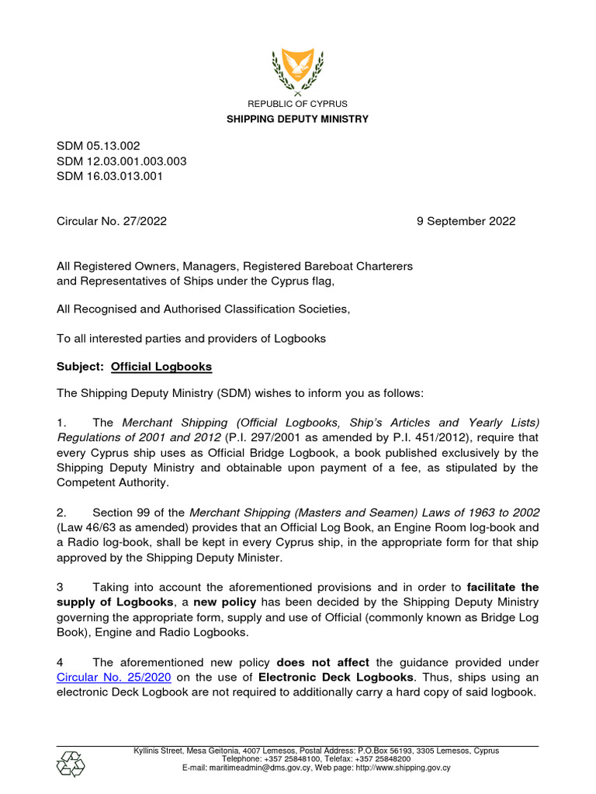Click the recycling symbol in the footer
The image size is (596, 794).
point(71,764)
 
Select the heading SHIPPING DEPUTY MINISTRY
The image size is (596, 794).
point(297,119)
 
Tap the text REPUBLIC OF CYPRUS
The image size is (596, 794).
point(297,104)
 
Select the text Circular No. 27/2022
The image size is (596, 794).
point(112,221)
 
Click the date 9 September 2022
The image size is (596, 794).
point(466,221)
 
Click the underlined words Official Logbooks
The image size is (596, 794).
point(161,366)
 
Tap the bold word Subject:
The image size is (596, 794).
point(81,366)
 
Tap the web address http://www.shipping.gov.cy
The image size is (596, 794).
point(403,768)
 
